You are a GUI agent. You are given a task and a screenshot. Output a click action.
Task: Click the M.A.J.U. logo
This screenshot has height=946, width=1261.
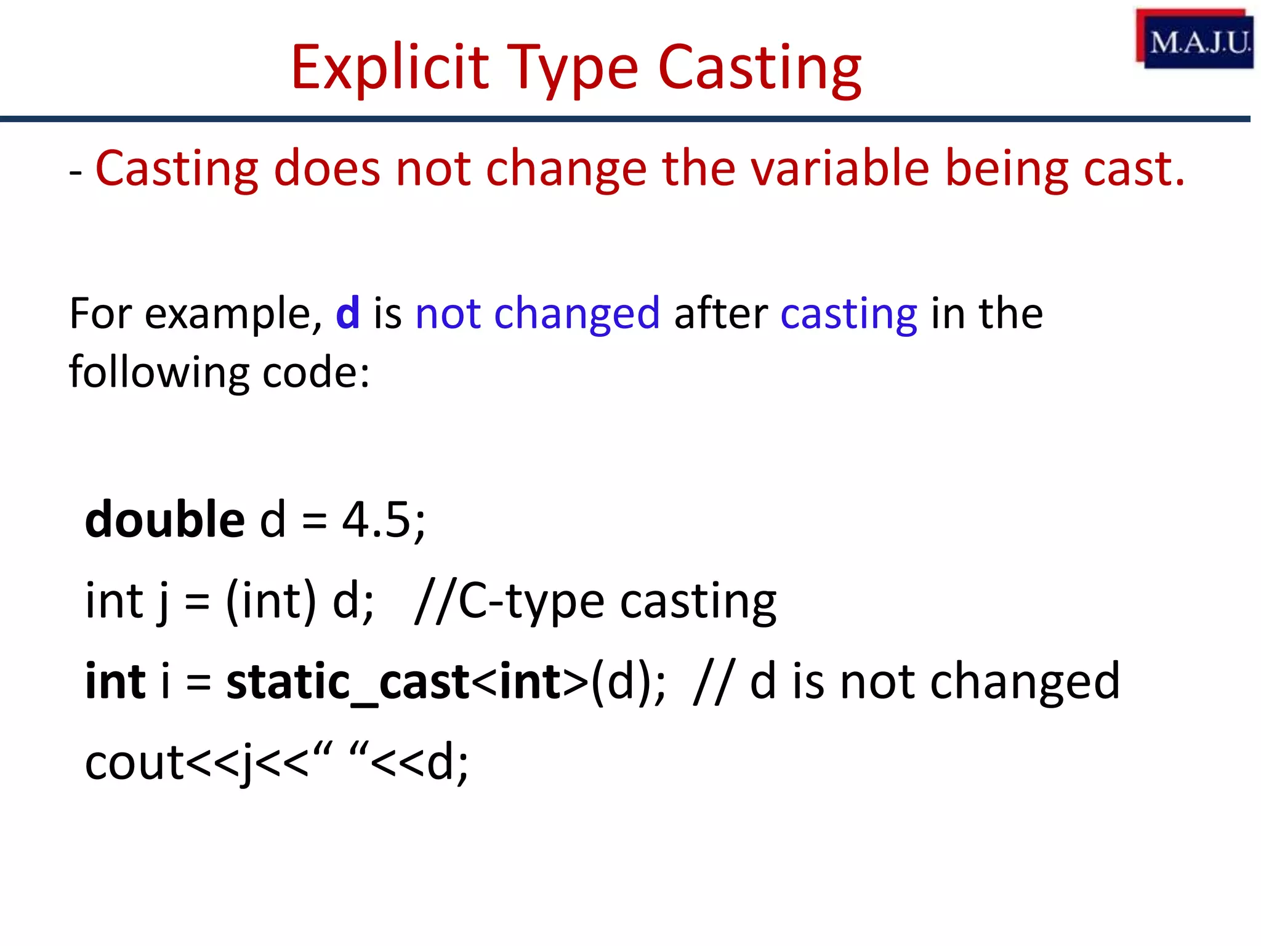1195,39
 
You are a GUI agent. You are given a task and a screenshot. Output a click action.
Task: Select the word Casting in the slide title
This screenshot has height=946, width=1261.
759,69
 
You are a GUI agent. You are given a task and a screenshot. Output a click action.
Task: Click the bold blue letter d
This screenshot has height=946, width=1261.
347,313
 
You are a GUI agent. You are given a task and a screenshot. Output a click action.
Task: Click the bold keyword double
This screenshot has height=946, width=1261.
164,519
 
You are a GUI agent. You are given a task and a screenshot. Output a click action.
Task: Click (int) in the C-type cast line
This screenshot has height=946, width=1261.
271,600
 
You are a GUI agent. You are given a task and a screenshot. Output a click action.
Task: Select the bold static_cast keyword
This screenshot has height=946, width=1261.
348,682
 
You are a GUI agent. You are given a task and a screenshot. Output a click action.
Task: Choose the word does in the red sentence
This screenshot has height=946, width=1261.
326,168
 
